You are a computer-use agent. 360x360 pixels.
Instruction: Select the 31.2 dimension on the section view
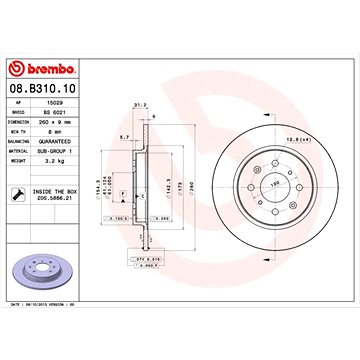coord(138,102)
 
